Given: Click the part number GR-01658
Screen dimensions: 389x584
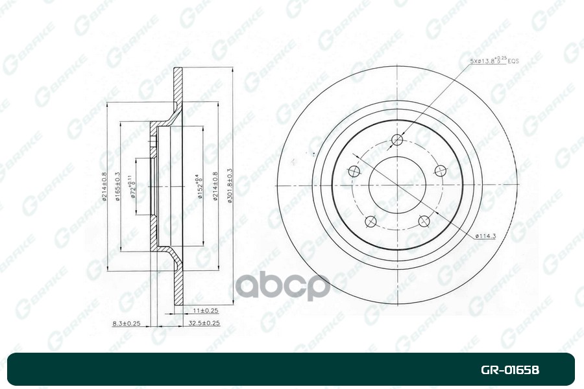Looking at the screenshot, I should point(509,370).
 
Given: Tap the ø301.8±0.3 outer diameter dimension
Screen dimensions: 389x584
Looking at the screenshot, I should point(230,187).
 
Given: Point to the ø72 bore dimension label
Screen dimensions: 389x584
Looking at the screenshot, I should point(132,187).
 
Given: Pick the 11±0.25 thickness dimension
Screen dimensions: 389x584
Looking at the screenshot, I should point(202,311).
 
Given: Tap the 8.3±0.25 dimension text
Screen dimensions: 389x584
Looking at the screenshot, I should point(127,323).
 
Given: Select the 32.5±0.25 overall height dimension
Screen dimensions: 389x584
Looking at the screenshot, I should point(203,323).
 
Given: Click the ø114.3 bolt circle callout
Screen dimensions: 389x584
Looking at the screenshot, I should point(485,236).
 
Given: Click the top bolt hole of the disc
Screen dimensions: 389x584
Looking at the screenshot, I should point(398,140).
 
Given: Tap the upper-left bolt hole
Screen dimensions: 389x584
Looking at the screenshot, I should point(354,171).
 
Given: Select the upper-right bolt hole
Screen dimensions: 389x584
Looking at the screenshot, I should point(441,171).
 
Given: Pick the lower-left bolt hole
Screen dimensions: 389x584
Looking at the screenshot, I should point(371,222).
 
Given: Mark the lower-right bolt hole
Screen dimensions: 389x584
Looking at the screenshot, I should point(424,222).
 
